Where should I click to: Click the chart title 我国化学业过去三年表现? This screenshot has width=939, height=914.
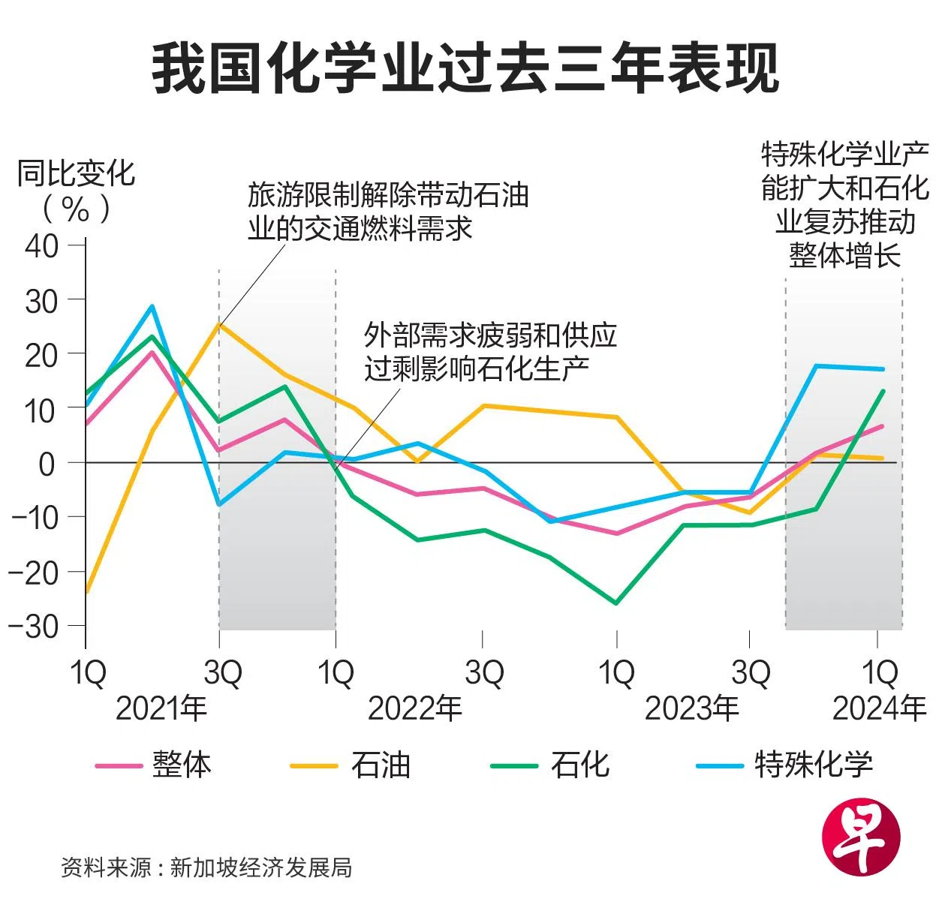coord(465,69)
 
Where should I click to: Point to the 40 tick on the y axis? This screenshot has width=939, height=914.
coord(42,245)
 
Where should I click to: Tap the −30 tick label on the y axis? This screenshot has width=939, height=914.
coord(34,627)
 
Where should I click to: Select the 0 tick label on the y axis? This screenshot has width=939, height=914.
coord(47,463)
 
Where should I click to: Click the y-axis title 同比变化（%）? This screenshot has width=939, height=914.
coord(76,191)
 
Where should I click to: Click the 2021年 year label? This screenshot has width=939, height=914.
coord(161,708)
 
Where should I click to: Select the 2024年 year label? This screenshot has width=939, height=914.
coord(879,708)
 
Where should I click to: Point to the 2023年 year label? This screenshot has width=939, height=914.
coord(691,708)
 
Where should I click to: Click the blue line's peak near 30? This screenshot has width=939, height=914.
coord(152,306)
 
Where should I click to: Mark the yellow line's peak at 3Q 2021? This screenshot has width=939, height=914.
coord(219,325)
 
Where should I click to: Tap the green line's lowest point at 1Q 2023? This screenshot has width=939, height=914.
coord(616,603)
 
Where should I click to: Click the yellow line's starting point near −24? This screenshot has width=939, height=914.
coord(86,591)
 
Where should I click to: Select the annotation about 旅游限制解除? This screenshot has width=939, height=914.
coord(388,212)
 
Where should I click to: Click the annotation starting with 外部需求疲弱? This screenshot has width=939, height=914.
coord(489,351)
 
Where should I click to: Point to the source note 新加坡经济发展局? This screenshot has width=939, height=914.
coord(260,867)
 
